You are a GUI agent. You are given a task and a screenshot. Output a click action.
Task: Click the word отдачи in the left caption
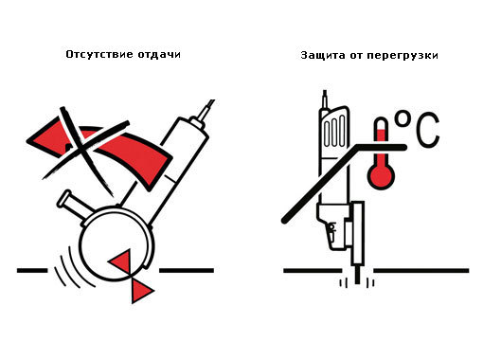coord(159,54)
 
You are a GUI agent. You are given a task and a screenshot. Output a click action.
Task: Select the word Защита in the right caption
coord(323,55)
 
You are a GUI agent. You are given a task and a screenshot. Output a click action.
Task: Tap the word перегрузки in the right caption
coord(402,56)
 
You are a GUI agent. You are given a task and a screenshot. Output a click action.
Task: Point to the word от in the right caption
coord(356,56)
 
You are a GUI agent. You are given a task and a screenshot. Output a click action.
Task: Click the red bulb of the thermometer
coord(381,175)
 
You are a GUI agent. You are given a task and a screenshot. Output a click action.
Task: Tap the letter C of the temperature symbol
coord(428,129)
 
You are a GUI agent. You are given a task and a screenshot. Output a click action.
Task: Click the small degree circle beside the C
coord(402,117)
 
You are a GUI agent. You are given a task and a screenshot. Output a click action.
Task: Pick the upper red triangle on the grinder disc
coord(120,262)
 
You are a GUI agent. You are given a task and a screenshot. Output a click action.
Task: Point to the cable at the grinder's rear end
coord(206,109)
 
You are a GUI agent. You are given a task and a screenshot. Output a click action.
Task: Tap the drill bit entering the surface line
coord(357,274)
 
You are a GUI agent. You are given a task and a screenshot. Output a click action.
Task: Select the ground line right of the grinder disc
coord(187,270)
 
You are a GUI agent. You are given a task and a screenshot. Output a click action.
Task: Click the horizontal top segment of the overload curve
coord(381,147)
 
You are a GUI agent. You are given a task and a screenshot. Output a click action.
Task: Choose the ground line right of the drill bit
coord(421,271)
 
